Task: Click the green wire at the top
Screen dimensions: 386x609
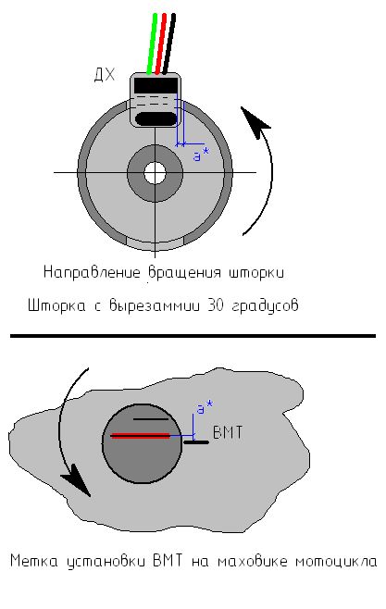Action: (x=152, y=43)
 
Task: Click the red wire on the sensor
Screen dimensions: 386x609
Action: (x=160, y=43)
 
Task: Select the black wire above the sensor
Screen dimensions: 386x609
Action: (x=168, y=43)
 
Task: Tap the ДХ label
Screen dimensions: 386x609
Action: (x=105, y=74)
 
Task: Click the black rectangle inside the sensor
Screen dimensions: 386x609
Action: (x=156, y=85)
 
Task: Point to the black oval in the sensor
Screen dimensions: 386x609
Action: (x=156, y=118)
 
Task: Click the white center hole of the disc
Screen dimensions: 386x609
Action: (x=155, y=173)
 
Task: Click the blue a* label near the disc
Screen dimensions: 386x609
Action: (x=201, y=155)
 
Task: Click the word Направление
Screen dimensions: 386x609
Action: (x=92, y=273)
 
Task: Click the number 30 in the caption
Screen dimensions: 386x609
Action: (x=216, y=305)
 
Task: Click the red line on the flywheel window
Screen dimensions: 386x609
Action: (x=140, y=436)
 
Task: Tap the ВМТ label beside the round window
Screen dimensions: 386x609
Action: (x=228, y=432)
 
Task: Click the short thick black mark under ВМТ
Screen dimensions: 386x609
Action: (x=196, y=442)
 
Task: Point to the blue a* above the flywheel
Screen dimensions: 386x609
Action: (x=205, y=408)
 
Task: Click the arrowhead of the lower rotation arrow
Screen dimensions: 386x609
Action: (x=77, y=483)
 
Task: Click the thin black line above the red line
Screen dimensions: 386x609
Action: (x=151, y=419)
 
